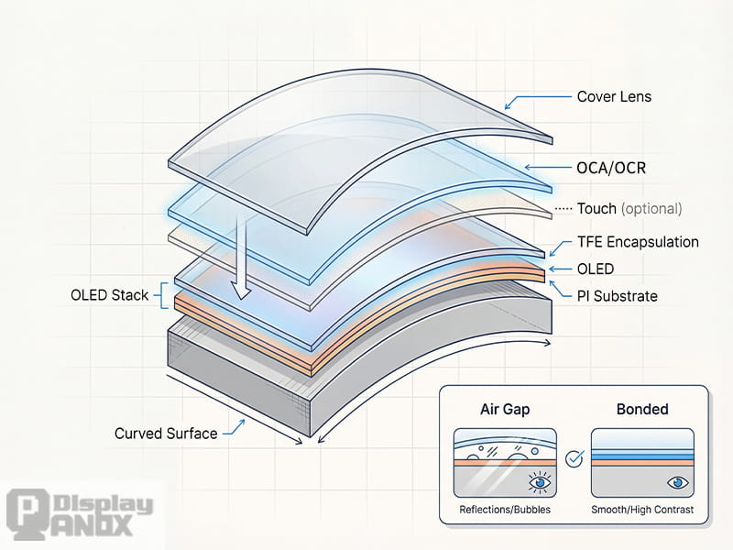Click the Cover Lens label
coord(614,96)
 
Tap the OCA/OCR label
coord(611,169)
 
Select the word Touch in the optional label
coord(596,209)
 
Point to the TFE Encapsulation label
coord(638,242)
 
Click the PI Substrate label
coord(617,296)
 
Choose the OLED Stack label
coord(109,295)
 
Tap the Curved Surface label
coord(166,433)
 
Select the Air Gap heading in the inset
coord(506,409)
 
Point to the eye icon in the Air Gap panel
coord(538,480)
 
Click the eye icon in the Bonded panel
coord(678,480)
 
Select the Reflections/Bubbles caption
coord(505,510)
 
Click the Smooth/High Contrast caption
coord(641,510)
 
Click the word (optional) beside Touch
coord(651,209)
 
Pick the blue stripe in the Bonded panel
coord(641,455)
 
